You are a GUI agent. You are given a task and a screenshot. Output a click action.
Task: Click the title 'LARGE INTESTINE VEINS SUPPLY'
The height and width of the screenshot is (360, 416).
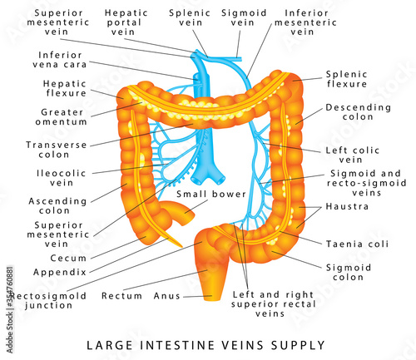(208, 343)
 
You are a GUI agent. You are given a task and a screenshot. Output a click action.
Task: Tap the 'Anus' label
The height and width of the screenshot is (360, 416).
(166, 295)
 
